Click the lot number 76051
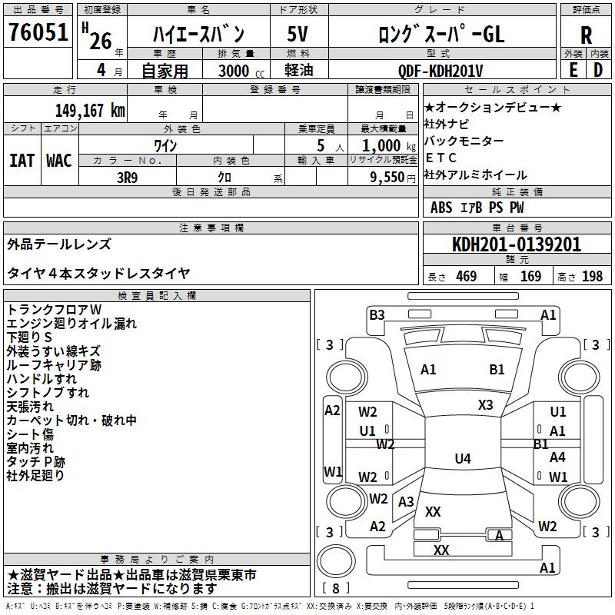(x=38, y=32)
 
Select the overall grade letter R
(x=586, y=35)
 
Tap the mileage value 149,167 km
(x=90, y=111)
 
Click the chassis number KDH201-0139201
(x=517, y=244)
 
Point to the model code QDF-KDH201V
(x=440, y=71)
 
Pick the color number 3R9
(x=128, y=178)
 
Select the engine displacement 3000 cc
(x=241, y=71)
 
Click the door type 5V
(x=298, y=34)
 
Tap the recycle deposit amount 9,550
(x=387, y=178)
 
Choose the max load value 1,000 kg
(x=389, y=146)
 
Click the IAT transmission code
(x=22, y=161)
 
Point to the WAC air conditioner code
(x=59, y=161)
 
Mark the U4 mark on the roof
(x=463, y=458)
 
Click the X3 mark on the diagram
(x=485, y=405)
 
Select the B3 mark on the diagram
(x=377, y=315)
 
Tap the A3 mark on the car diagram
(x=406, y=502)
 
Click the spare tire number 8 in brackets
(x=336, y=588)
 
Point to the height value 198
(x=592, y=277)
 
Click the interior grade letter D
(x=598, y=70)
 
